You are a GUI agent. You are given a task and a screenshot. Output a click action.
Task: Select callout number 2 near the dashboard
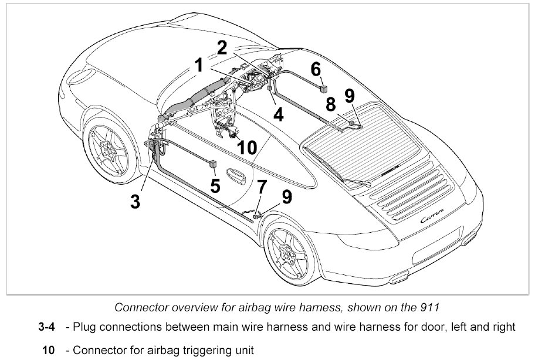222,48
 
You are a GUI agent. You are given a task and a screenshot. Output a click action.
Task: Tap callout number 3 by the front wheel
136,201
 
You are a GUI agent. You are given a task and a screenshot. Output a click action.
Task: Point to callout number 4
278,114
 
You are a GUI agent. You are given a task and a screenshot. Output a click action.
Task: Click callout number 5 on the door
215,186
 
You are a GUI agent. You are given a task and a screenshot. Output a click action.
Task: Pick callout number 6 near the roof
316,69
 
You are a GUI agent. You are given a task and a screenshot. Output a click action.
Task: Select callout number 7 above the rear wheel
262,188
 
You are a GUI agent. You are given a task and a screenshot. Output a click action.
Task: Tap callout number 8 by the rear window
331,105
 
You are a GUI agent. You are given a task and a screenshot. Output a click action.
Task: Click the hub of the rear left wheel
290,254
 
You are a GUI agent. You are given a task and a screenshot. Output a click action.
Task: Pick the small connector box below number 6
323,88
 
